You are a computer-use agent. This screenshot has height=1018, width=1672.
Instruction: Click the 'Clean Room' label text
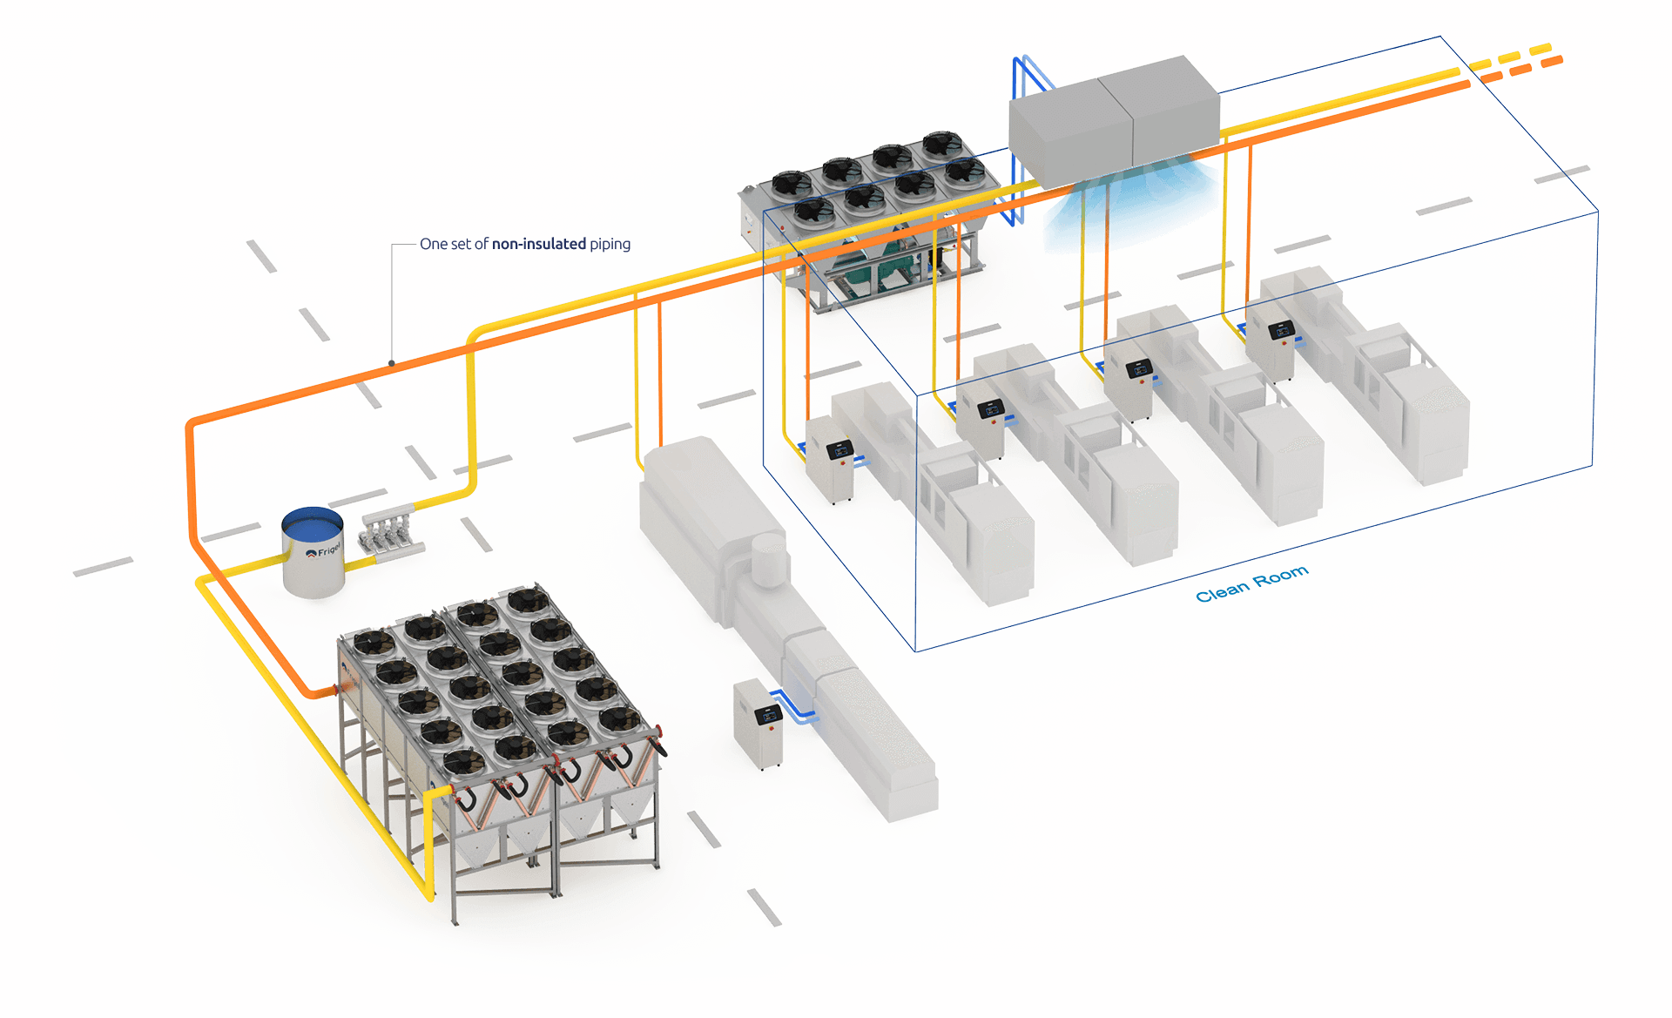tap(1251, 584)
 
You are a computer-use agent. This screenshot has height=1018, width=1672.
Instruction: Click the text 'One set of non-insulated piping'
tap(524, 244)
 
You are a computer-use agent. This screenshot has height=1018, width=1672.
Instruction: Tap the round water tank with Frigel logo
tap(313, 554)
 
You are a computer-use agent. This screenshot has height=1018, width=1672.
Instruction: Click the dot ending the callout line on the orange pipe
tap(392, 363)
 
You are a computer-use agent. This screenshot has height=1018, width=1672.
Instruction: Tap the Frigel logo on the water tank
tap(324, 551)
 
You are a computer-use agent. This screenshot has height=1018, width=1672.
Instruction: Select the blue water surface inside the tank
tap(313, 525)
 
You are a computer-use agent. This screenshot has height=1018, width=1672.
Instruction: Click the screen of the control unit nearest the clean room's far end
tap(1281, 330)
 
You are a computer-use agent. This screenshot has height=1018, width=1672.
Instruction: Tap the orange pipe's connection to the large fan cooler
tap(332, 691)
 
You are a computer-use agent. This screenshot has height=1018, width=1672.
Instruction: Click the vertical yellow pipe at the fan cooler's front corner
tap(429, 845)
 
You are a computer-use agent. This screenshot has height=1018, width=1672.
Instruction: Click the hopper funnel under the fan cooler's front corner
tap(476, 849)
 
